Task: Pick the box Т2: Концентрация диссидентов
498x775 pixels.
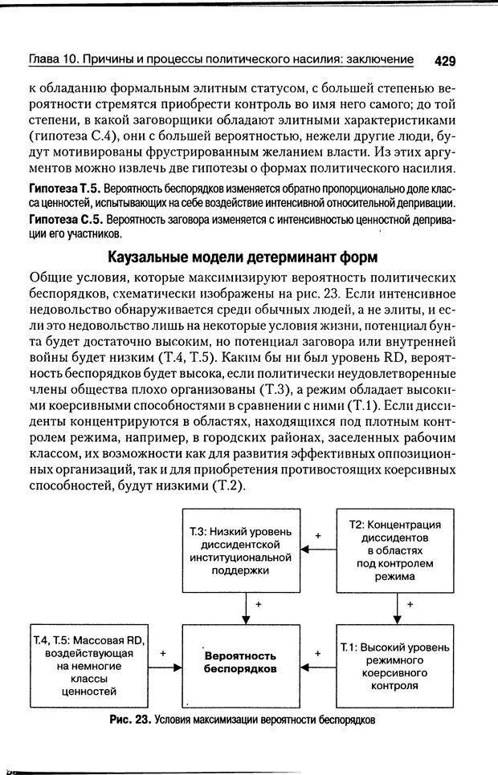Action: (x=394, y=549)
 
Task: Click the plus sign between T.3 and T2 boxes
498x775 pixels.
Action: (x=317, y=535)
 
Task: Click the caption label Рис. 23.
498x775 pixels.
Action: (x=129, y=720)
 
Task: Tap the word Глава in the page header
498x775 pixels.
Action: (x=44, y=60)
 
